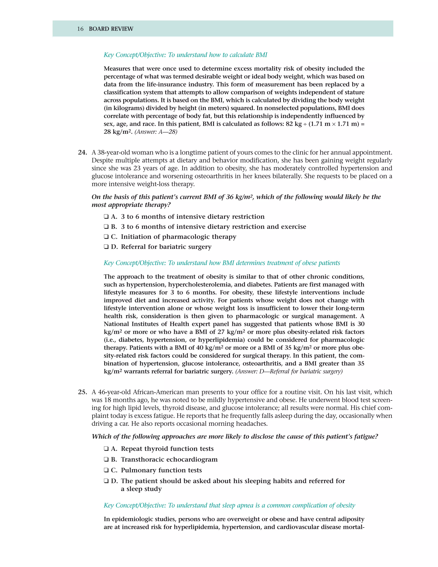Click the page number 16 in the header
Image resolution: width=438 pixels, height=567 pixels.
point(80,29)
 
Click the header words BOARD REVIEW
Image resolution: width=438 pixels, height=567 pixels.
point(111,29)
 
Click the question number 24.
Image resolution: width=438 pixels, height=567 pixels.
point(82,152)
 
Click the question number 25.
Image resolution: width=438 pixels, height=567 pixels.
point(82,392)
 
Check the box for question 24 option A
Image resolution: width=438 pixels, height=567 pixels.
point(106,217)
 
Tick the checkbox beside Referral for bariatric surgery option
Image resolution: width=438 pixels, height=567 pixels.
point(106,247)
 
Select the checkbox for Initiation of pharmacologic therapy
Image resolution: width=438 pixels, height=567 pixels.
point(106,237)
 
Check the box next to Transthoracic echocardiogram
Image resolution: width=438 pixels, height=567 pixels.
point(106,460)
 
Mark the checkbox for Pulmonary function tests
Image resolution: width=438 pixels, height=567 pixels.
point(106,470)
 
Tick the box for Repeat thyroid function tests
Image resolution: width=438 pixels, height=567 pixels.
point(106,449)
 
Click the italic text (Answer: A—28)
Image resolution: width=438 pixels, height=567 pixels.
point(156,132)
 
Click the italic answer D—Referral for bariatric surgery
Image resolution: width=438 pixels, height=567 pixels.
point(289,371)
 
